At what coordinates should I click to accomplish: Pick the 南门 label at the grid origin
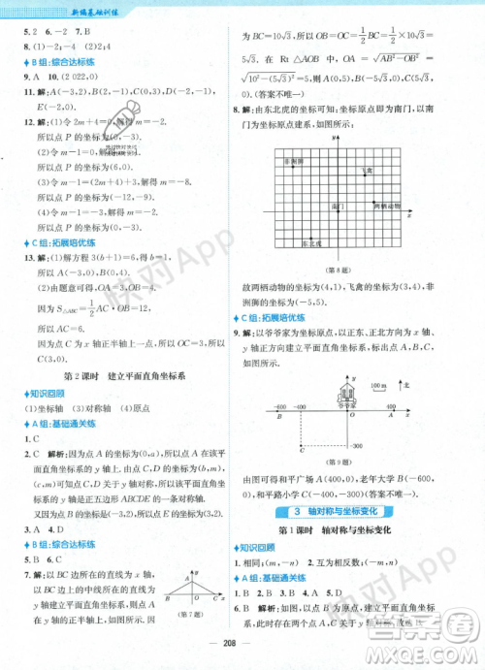tap(337, 207)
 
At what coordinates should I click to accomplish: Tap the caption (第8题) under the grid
tap(346, 267)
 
